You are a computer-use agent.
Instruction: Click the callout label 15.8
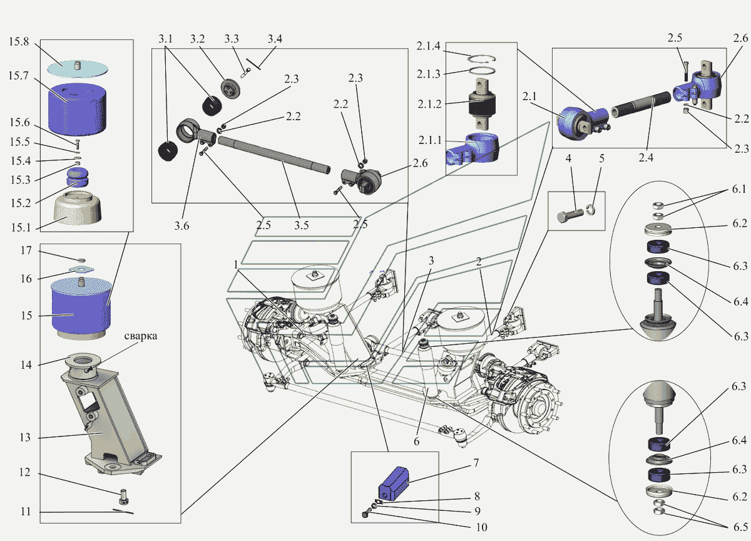pyautogui.click(x=19, y=42)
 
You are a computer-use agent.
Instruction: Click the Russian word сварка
pyautogui.click(x=140, y=336)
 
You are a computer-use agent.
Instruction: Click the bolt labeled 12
pyautogui.click(x=123, y=498)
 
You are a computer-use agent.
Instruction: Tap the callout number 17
pyautogui.click(x=25, y=250)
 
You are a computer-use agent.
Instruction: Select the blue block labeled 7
pyautogui.click(x=393, y=483)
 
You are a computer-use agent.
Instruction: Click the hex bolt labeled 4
pyautogui.click(x=570, y=215)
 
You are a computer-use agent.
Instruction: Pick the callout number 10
pyautogui.click(x=479, y=527)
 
